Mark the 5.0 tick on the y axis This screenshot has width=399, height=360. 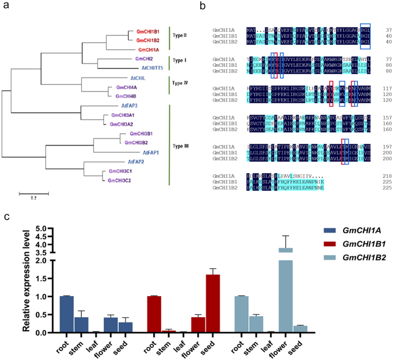tap(43, 228)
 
